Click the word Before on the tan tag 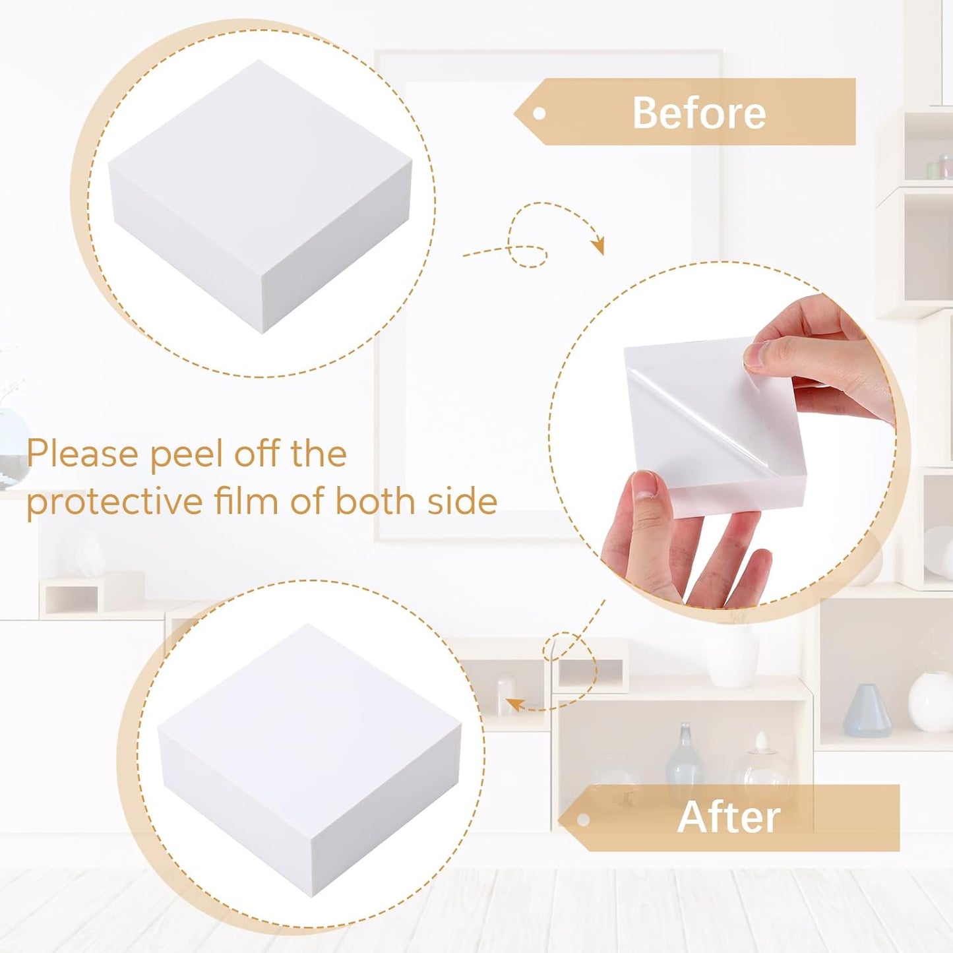699,112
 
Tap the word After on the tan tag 729,818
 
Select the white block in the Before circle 260,196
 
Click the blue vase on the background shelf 867,711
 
